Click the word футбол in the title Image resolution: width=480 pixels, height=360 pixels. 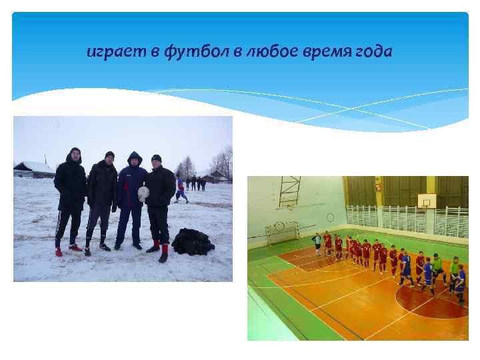199,52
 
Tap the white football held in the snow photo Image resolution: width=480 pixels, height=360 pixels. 143,193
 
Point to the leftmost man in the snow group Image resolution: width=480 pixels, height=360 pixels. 70,200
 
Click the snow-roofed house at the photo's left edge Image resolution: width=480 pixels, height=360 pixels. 33,169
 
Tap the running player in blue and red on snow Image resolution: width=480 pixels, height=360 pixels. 180,189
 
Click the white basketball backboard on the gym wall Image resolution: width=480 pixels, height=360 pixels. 426,199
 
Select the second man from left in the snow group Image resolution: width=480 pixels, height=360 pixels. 102,200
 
